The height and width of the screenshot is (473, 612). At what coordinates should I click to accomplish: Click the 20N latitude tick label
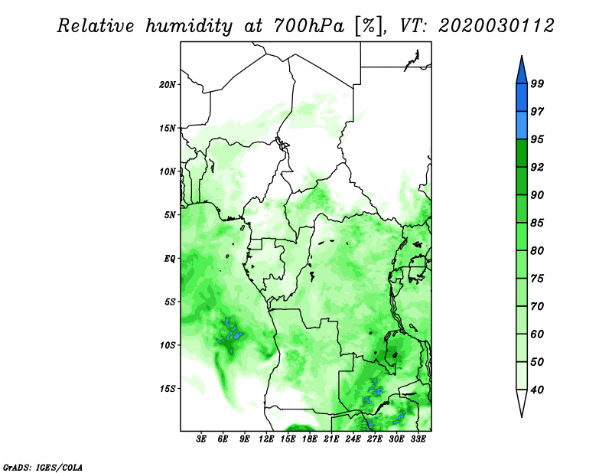pyautogui.click(x=168, y=85)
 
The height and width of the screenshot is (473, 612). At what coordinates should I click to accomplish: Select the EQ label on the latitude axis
pyautogui.click(x=170, y=259)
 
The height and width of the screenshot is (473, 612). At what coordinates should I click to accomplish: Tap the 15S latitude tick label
pyautogui.click(x=168, y=389)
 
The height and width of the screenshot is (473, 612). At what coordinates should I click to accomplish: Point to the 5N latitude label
pyautogui.click(x=170, y=215)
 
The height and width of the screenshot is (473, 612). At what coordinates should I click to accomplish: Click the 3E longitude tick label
pyautogui.click(x=201, y=439)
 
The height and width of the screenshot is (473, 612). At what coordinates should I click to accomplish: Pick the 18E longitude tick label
pyautogui.click(x=310, y=439)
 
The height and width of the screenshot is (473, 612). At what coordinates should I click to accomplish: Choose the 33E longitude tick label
pyautogui.click(x=418, y=439)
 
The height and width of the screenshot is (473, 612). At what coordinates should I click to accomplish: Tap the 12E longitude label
pyautogui.click(x=266, y=439)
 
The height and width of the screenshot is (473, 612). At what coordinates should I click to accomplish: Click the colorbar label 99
pyautogui.click(x=537, y=83)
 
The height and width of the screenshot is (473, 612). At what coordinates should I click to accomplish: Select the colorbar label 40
pyautogui.click(x=537, y=390)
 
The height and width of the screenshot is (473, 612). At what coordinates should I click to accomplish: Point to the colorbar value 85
pyautogui.click(x=537, y=223)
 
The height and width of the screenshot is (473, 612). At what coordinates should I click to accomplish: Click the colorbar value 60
pyautogui.click(x=537, y=334)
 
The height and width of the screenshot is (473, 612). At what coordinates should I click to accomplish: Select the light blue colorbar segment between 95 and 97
pyautogui.click(x=522, y=126)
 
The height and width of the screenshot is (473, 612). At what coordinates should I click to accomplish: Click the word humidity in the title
pyautogui.click(x=189, y=27)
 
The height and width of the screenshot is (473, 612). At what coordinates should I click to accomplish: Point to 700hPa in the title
pyautogui.click(x=309, y=26)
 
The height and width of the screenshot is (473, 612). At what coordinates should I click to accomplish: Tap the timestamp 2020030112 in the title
pyautogui.click(x=496, y=26)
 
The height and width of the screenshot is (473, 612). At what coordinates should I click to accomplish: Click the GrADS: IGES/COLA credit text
pyautogui.click(x=43, y=467)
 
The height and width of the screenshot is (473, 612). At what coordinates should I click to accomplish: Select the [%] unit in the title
pyautogui.click(x=369, y=27)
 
